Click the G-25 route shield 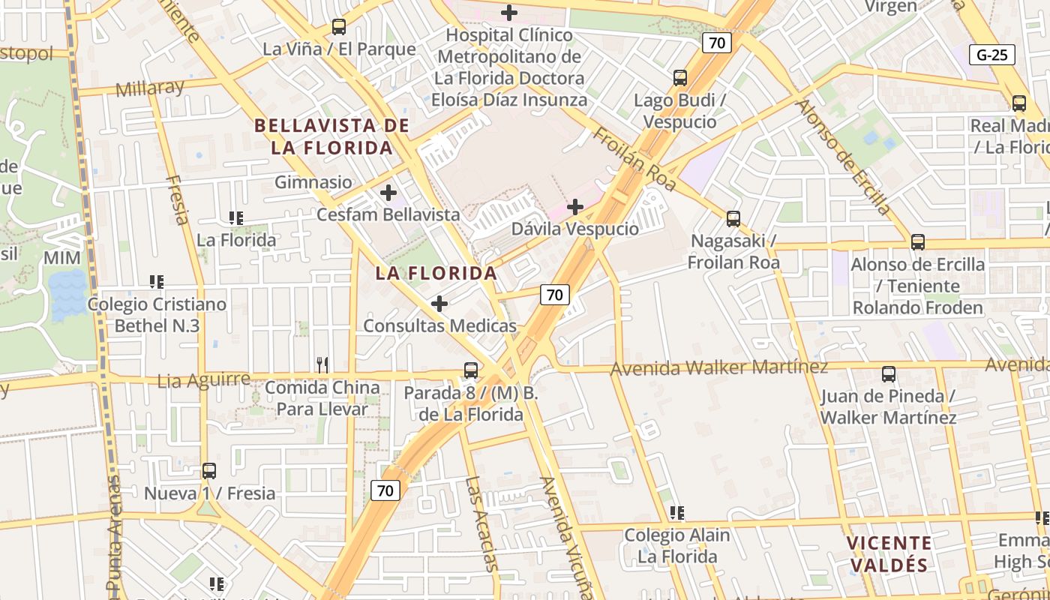click(x=991, y=55)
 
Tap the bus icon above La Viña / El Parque click(x=339, y=27)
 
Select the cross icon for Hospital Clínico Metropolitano click(x=509, y=13)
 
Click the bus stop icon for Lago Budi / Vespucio click(x=680, y=77)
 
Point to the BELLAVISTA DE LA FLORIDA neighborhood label click(x=332, y=136)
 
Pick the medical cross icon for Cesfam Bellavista click(x=388, y=193)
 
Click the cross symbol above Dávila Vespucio click(x=575, y=207)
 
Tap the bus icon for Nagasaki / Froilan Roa click(x=733, y=219)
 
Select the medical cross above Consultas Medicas click(x=439, y=304)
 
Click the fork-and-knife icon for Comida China click(x=322, y=365)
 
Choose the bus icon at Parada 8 click(x=471, y=370)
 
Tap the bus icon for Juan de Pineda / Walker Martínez click(x=889, y=373)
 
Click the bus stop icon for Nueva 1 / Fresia click(x=209, y=471)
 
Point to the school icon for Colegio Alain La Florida click(x=677, y=513)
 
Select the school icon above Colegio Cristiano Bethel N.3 click(x=157, y=282)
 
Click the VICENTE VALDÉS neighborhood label click(x=889, y=553)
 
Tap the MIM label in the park click(x=61, y=258)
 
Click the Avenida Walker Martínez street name click(x=719, y=367)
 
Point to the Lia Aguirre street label click(x=204, y=380)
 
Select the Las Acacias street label click(x=481, y=523)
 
